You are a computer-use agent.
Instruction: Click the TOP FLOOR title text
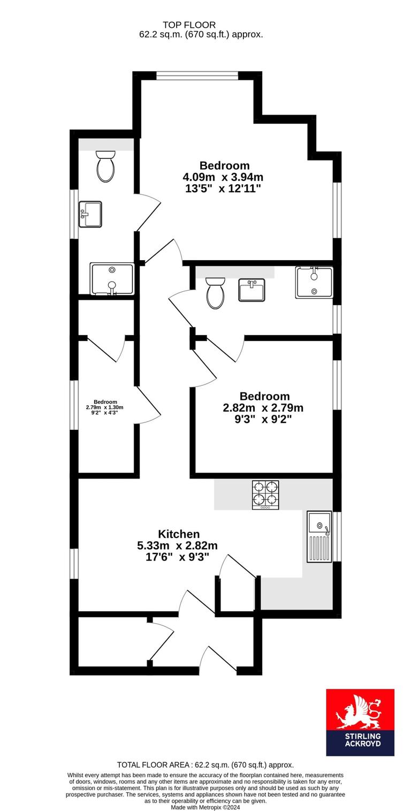click(189, 25)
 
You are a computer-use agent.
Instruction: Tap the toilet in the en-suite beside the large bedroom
click(105, 166)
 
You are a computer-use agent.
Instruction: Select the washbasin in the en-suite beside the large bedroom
click(90, 214)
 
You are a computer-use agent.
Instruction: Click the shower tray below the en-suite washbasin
click(112, 279)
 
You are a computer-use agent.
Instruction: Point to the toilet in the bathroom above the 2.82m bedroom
click(215, 292)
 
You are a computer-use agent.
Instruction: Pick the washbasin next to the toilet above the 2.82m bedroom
click(252, 290)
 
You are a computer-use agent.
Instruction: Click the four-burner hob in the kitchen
click(265, 494)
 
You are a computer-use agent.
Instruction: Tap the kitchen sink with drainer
click(319, 536)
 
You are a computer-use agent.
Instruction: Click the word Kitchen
click(179, 534)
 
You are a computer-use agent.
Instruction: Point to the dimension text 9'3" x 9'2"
click(263, 419)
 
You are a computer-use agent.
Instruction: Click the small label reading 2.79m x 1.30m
click(105, 407)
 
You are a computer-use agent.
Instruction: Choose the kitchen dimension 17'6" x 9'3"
click(177, 557)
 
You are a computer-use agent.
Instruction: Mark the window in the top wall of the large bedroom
click(197, 75)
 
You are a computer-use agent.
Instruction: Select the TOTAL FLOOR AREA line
click(205, 765)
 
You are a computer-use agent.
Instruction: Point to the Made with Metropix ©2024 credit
click(205, 807)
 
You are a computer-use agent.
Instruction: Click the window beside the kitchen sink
click(337, 536)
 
